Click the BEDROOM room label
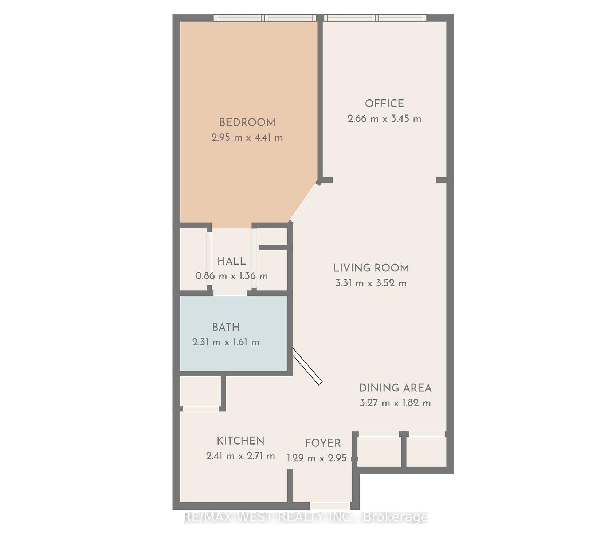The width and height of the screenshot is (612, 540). pos(247,122)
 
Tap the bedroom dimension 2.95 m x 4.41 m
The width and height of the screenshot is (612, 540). pos(247,138)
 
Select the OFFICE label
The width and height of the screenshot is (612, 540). pos(384,103)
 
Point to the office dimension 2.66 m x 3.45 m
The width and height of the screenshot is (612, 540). pos(384,119)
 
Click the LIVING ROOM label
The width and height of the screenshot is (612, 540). pos(371,268)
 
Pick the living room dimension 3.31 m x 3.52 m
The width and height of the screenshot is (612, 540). pos(371,283)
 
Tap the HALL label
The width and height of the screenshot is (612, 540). pos(231,261)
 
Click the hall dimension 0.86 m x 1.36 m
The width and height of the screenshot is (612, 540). pos(232,276)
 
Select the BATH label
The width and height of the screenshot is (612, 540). pos(226,327)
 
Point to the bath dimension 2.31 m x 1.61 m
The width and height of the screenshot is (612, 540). pos(226,342)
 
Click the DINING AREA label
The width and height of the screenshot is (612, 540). pos(395,388)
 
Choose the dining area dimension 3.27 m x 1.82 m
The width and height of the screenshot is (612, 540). pos(395,403)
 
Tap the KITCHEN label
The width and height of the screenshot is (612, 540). pos(240,441)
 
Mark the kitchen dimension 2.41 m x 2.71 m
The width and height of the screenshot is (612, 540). pos(240,456)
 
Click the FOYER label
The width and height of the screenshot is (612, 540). pos(323,443)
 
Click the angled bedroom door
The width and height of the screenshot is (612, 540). pos(305,202)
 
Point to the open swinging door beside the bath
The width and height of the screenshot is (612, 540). pos(307,366)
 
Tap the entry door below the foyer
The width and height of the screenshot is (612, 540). pos(330,506)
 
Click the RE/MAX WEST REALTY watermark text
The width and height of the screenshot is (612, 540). pos(306,517)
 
